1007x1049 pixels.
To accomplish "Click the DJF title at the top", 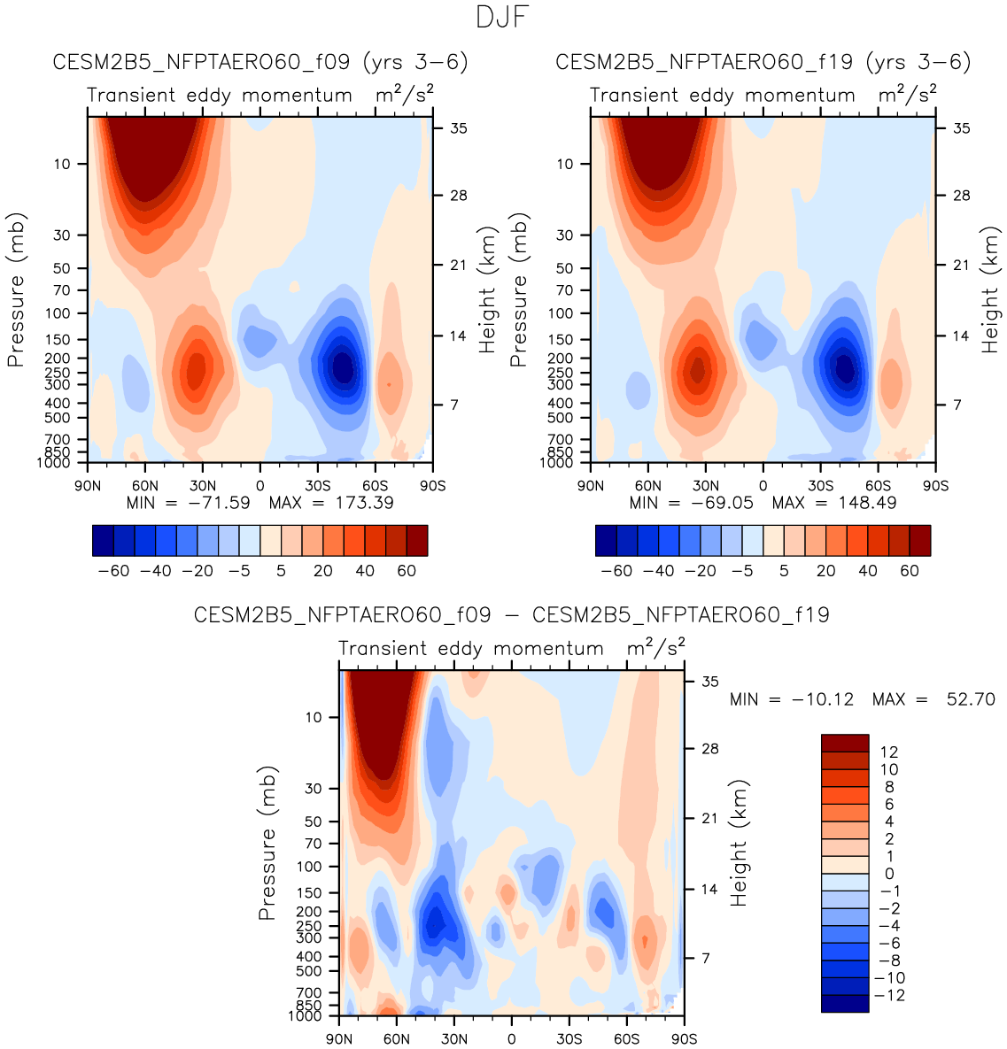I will tap(502, 18).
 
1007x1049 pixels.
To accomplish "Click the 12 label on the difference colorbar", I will tap(888, 752).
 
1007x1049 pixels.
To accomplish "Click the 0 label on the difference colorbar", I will tap(889, 875).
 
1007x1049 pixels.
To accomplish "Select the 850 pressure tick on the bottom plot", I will tap(310, 1006).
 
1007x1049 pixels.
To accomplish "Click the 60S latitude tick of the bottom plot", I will tap(627, 1039).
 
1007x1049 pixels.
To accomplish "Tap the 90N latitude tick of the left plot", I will tap(88, 486).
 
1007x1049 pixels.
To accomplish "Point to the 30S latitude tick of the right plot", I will tap(820, 486).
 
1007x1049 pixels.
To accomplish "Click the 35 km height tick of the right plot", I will tap(961, 128).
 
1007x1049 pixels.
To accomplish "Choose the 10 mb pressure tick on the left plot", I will tap(62, 164).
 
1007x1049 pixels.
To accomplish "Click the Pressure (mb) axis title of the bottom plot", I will tap(268, 844).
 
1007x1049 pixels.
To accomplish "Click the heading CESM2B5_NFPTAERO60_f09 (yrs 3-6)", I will tap(260, 62).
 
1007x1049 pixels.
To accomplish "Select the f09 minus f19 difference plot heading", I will tap(512, 614).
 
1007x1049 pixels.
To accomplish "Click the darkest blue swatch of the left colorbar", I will tap(103, 540).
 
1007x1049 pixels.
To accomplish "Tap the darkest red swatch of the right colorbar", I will tap(920, 540).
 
